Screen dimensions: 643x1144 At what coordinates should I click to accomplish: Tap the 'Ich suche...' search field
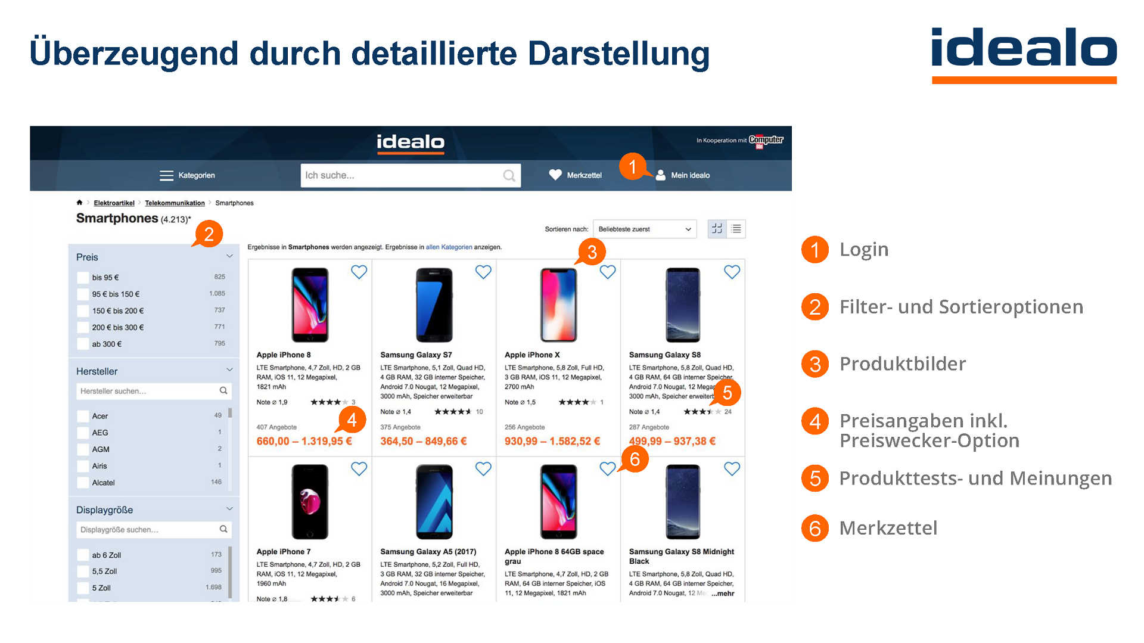(x=402, y=175)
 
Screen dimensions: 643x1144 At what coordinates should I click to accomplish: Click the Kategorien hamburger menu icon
(x=166, y=175)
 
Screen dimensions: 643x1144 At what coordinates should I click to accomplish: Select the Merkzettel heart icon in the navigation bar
(x=555, y=175)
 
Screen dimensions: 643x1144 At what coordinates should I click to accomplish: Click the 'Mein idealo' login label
(x=690, y=175)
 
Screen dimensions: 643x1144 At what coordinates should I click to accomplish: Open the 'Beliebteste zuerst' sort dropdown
(x=645, y=229)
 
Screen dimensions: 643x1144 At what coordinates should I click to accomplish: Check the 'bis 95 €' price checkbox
(x=83, y=278)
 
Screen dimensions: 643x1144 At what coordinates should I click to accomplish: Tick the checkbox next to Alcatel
(x=83, y=483)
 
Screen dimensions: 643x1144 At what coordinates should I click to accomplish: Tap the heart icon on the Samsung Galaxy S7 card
(x=483, y=272)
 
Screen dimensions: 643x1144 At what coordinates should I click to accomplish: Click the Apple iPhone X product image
(x=558, y=305)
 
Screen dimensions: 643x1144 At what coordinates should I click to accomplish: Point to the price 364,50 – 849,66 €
(x=424, y=442)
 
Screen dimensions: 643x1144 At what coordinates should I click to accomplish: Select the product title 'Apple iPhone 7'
(x=284, y=552)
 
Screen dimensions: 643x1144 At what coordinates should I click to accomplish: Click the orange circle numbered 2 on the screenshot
(x=209, y=234)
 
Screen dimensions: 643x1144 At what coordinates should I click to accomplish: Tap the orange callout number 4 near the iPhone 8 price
(x=352, y=420)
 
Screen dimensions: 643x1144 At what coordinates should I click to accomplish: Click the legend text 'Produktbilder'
(x=902, y=364)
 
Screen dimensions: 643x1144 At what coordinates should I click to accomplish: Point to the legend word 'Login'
(x=863, y=249)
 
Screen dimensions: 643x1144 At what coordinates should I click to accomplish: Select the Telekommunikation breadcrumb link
(x=175, y=203)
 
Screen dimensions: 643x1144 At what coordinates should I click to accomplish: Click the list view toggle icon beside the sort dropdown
(x=736, y=229)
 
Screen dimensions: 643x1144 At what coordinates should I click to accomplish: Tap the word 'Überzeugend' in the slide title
(x=134, y=54)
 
